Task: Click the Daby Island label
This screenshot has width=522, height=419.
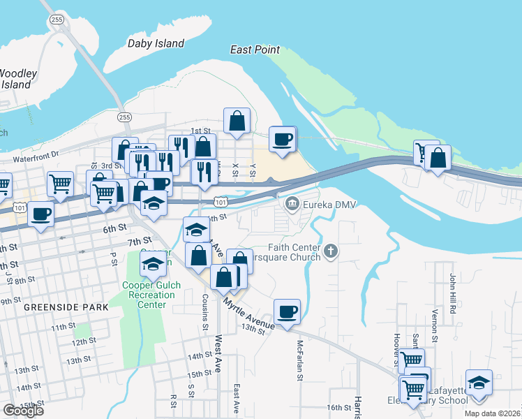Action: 156,43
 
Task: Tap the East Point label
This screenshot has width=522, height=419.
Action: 255,50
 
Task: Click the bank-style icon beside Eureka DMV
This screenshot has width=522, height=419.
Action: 291,204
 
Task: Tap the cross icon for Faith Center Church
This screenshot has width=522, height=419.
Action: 331,251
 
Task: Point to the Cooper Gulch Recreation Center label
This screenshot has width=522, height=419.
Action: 149,294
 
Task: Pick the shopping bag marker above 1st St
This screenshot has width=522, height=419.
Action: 237,120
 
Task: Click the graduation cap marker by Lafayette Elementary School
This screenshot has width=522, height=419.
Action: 479,383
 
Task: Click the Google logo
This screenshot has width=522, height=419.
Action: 22,411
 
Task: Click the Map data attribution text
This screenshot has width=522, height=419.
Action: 491,413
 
